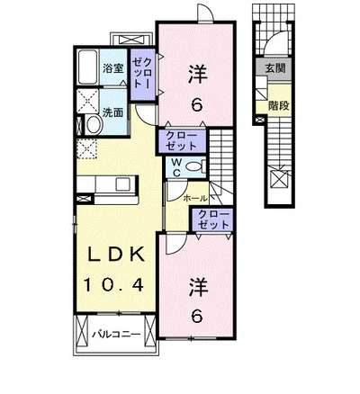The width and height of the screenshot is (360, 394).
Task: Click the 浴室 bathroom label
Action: [x=113, y=68]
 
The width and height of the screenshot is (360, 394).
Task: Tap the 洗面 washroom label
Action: [x=113, y=112]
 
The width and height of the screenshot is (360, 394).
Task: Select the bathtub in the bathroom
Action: [x=87, y=67]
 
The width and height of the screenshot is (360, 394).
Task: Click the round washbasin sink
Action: [x=94, y=125]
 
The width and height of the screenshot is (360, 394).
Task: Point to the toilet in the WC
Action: [x=194, y=166]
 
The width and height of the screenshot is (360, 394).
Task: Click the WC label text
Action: [x=177, y=167]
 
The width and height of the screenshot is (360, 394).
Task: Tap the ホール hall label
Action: [x=194, y=198]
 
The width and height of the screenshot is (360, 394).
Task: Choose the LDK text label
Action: [x=115, y=255]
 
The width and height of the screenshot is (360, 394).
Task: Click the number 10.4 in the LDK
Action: [x=113, y=285]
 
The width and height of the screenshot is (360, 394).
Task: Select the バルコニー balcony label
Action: [x=116, y=335]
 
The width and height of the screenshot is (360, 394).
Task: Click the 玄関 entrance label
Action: [x=274, y=68]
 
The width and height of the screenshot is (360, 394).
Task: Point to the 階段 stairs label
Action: [x=279, y=105]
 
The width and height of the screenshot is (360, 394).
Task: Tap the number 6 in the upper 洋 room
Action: [x=197, y=104]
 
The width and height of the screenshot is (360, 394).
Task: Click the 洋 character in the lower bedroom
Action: [x=198, y=288]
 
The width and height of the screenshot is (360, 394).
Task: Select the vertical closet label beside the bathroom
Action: [x=142, y=73]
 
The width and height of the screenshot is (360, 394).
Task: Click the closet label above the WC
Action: [x=182, y=141]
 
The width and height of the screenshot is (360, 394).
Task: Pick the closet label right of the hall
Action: [x=213, y=219]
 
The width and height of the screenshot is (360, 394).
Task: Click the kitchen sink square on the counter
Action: [x=122, y=184]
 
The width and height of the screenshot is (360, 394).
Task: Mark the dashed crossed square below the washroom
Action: [x=86, y=148]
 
